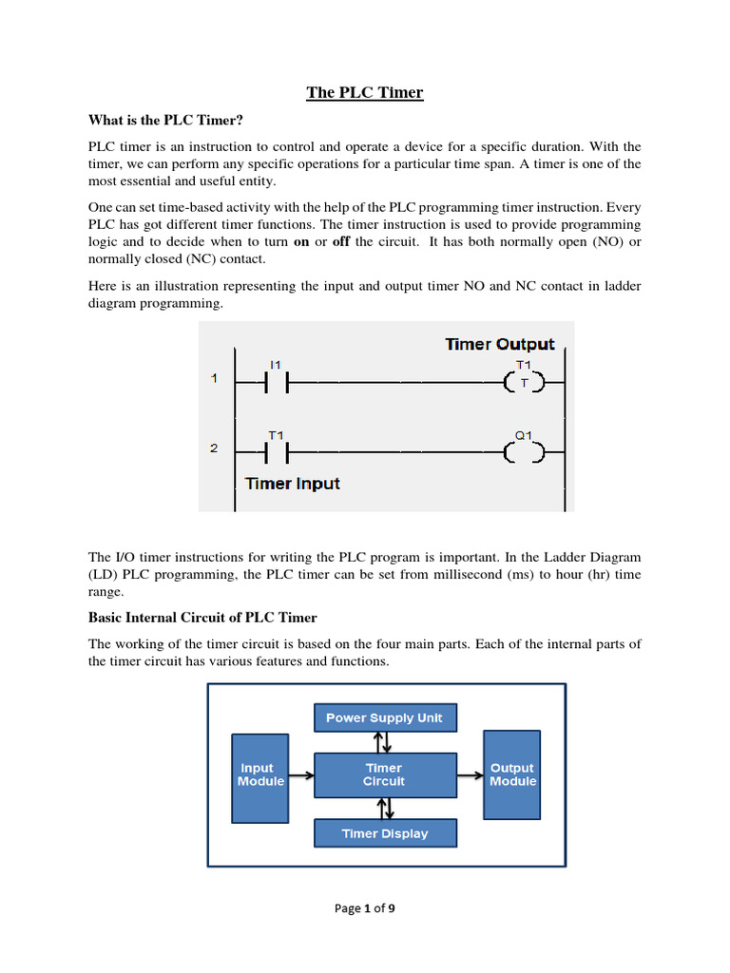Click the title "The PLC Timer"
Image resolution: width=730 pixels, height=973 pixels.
click(x=364, y=92)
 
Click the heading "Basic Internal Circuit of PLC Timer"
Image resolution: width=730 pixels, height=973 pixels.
click(x=202, y=618)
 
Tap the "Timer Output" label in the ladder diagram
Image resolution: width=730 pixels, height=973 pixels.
click(x=499, y=344)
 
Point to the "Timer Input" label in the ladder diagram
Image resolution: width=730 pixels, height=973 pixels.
click(x=292, y=484)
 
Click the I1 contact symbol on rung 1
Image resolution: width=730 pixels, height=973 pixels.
click(x=276, y=383)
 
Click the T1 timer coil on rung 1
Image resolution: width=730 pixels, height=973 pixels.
click(x=524, y=383)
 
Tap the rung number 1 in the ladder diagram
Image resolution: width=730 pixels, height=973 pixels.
click(x=215, y=378)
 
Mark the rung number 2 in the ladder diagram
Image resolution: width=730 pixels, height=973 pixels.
click(x=215, y=448)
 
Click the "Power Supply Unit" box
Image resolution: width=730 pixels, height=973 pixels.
click(x=385, y=717)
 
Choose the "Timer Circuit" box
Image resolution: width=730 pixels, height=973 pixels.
click(x=385, y=774)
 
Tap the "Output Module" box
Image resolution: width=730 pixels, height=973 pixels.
click(x=511, y=774)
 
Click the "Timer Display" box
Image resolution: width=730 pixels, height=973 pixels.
click(x=385, y=833)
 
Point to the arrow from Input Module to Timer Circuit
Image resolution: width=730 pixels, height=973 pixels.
click(x=300, y=774)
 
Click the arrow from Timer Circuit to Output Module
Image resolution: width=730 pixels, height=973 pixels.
click(x=470, y=774)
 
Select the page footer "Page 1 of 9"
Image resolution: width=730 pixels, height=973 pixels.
click(x=365, y=908)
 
